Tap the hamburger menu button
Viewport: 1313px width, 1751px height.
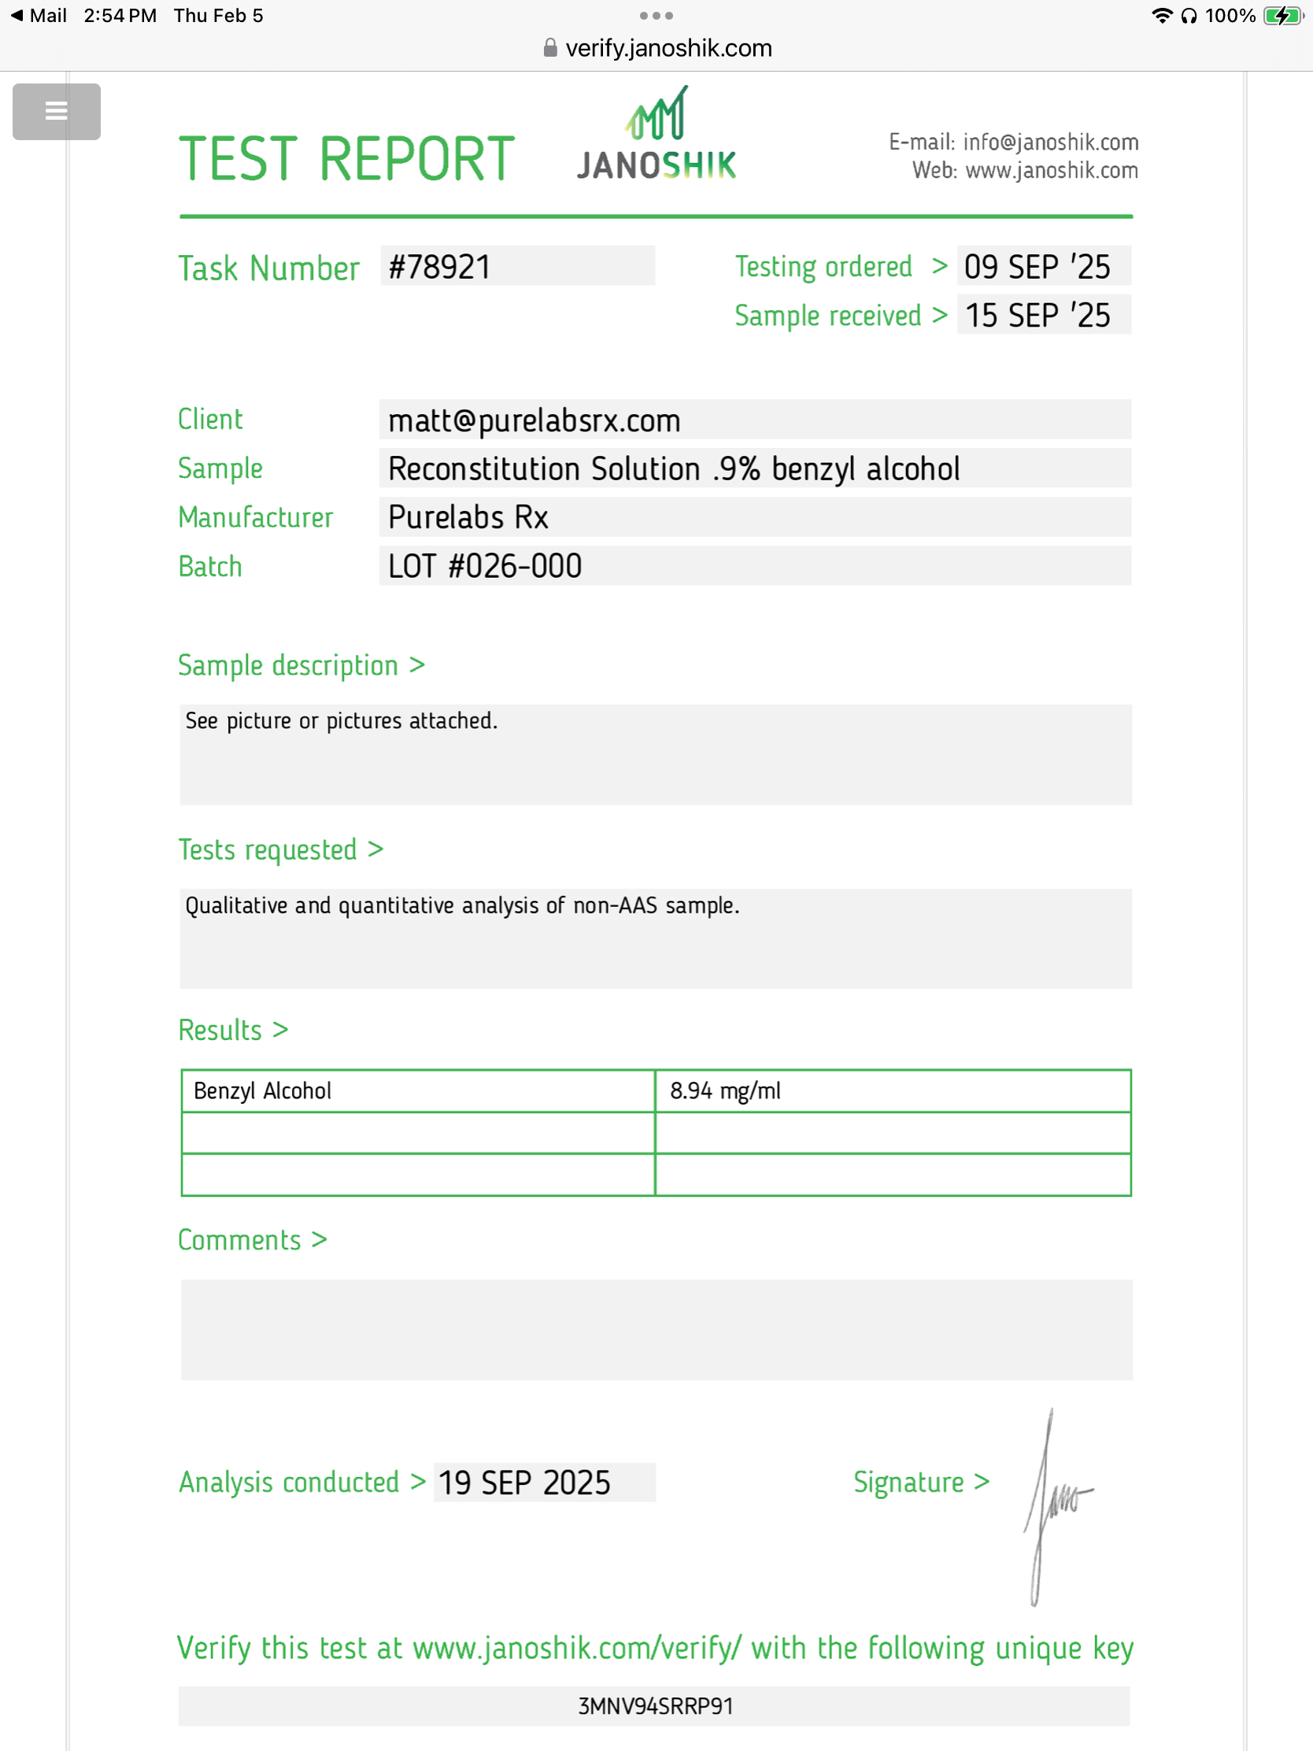coord(56,112)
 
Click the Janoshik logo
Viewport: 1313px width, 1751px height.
coord(656,135)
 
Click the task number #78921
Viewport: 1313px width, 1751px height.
coord(440,267)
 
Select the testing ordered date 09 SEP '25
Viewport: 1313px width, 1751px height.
coord(1037,267)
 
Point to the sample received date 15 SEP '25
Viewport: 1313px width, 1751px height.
coord(1037,316)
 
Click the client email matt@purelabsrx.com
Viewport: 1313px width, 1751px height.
coord(534,420)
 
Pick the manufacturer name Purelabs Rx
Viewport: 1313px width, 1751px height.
coord(468,518)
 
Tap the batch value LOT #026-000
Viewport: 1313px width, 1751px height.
coord(484,567)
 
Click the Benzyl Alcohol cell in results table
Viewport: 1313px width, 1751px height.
coord(263,1090)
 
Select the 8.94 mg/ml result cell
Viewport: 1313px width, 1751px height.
coord(725,1090)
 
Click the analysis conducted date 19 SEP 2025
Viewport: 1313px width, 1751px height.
coord(525,1483)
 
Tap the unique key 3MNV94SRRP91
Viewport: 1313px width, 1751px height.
coord(655,1706)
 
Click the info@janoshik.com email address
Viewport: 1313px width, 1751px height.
coord(1050,143)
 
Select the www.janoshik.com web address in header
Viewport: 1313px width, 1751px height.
coord(1051,171)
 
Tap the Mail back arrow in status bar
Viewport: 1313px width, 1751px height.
coord(17,16)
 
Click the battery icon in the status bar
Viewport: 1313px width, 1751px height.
coord(1282,16)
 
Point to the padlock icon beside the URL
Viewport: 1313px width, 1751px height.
coord(550,48)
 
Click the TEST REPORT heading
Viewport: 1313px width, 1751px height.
coord(346,159)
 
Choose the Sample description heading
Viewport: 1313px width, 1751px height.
coord(288,666)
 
